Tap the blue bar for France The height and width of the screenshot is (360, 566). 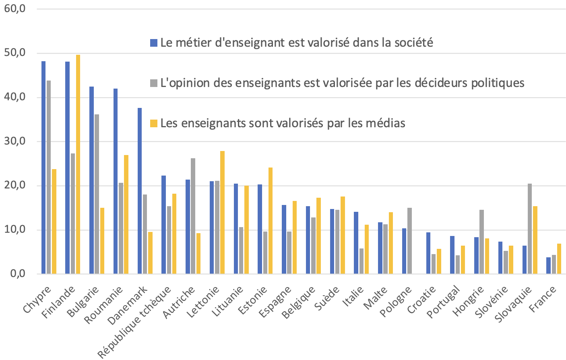(548, 266)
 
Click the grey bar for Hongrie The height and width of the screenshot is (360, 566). (482, 242)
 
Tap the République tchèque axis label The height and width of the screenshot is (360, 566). (135, 322)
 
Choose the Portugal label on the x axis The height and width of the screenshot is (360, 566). (443, 302)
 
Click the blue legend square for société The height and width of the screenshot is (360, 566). (154, 43)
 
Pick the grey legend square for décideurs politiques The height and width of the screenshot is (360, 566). (154, 83)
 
